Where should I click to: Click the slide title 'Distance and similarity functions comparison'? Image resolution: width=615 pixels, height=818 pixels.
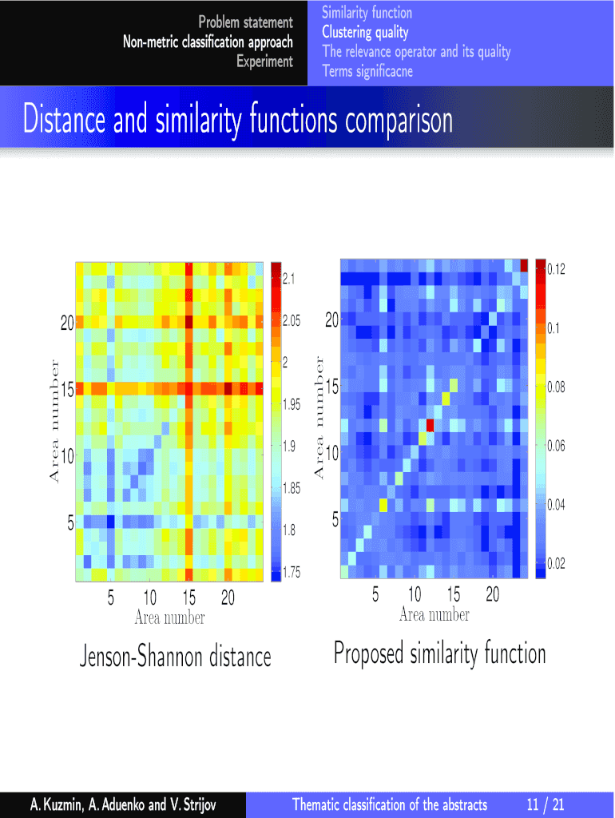pos(238,121)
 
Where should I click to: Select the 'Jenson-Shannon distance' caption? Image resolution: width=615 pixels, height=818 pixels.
pos(175,657)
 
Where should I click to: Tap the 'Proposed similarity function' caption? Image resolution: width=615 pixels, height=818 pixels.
pos(439,653)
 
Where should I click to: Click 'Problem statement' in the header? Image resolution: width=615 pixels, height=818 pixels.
pos(246,22)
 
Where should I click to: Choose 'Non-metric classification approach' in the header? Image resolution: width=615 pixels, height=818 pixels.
pos(208,42)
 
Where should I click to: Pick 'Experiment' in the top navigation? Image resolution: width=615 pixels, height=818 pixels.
pos(264,62)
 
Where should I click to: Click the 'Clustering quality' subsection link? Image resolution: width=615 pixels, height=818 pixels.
pos(365,33)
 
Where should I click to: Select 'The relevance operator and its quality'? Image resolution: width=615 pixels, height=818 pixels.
pos(416,52)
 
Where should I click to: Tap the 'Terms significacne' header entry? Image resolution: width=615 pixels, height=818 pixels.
pos(367,71)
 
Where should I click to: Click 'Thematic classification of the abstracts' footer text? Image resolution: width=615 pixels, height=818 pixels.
pos(390,804)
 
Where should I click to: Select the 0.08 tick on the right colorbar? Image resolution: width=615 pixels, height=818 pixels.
pos(556,387)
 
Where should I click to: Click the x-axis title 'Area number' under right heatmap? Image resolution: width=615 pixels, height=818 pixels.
pos(434,614)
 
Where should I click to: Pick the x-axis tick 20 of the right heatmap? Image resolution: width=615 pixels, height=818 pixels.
pos(492,595)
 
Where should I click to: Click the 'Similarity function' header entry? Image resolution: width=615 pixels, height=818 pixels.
pos(367,13)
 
